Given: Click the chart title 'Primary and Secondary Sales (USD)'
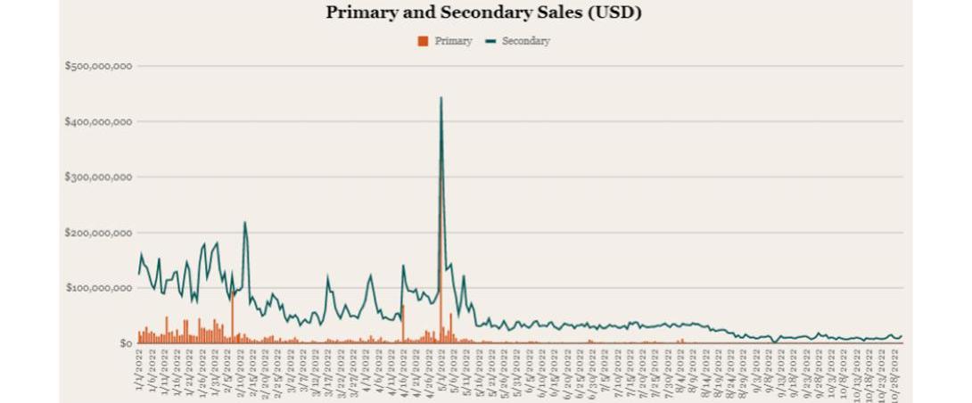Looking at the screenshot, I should (x=483, y=12).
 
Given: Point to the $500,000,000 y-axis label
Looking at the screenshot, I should (x=99, y=66).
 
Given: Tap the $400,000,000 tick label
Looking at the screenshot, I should (x=99, y=121).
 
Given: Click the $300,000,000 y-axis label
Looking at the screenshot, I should (x=99, y=177).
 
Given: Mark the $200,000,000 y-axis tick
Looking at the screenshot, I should (x=99, y=233).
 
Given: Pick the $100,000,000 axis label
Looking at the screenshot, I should (x=99, y=288).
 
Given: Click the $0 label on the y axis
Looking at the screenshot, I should (x=124, y=343).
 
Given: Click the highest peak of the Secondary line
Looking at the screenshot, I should (x=441, y=98).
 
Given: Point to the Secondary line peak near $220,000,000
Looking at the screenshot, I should (x=244, y=223).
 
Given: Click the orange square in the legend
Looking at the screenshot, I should (x=423, y=41).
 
